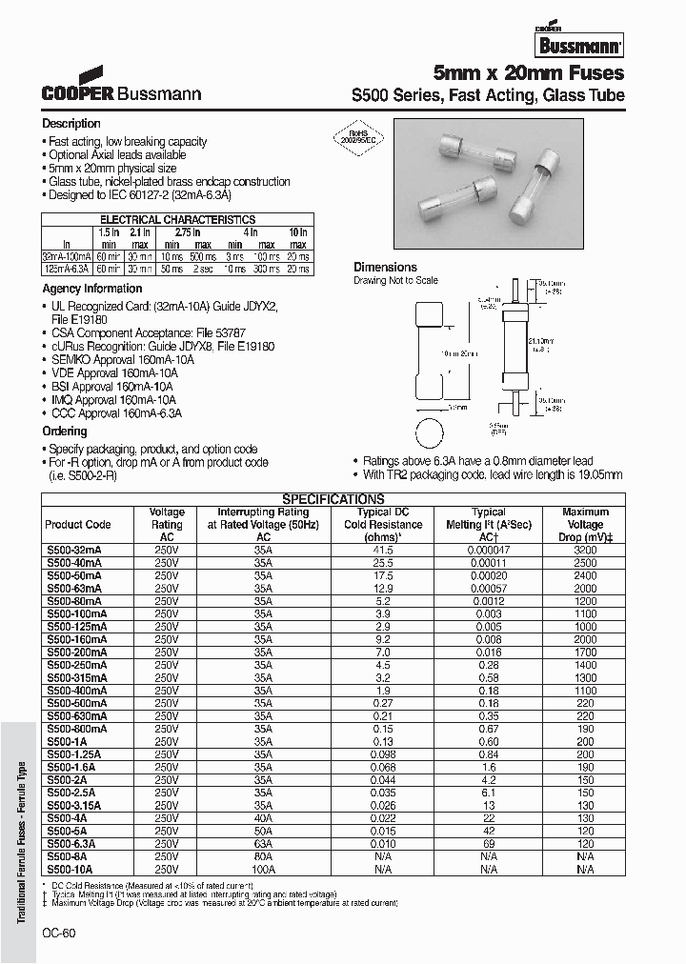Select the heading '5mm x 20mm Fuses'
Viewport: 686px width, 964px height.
coord(529,73)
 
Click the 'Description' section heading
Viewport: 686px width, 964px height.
coord(71,124)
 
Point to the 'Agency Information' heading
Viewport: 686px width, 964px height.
coord(92,289)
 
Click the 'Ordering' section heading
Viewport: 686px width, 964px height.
coord(65,432)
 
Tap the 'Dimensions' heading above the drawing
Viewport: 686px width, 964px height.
coord(385,268)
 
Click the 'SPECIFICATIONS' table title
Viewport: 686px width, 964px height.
coord(333,499)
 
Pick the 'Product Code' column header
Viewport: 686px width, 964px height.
coord(78,525)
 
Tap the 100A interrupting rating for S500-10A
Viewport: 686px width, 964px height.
coord(262,869)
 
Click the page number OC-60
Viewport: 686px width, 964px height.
coord(58,934)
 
